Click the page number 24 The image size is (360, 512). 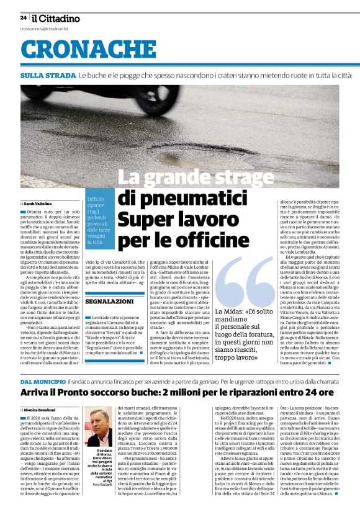point(23,18)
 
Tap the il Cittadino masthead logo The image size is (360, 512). point(56,18)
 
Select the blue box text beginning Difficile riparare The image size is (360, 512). point(99,216)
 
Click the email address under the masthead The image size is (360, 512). point(46,29)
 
